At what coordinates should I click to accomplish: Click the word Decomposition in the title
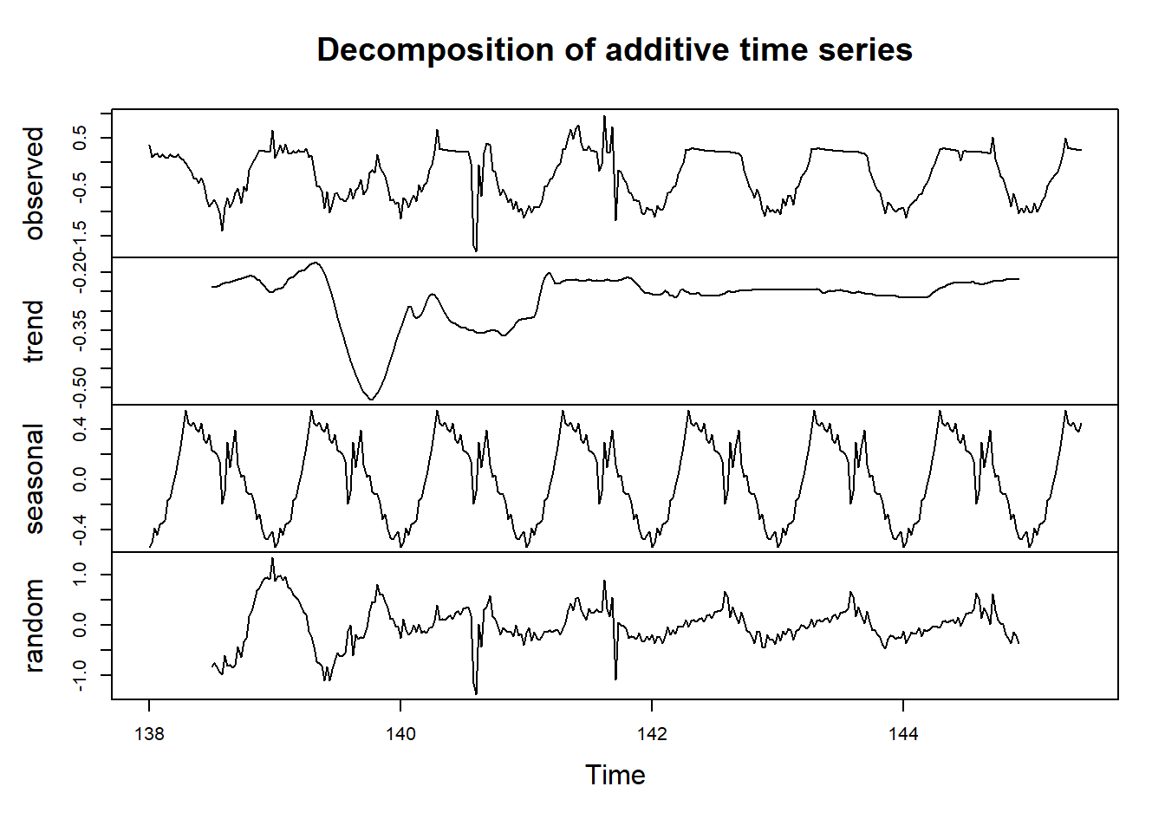[436, 50]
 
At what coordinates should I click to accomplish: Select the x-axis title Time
[615, 775]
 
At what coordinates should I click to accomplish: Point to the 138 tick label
[149, 735]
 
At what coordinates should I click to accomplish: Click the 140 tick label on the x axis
[400, 735]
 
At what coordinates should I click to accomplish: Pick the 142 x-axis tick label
[652, 735]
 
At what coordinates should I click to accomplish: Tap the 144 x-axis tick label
[903, 735]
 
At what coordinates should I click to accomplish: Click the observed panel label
[34, 183]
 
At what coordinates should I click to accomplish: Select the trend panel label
[34, 331]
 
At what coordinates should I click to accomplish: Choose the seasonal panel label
[34, 478]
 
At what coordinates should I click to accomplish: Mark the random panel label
[34, 626]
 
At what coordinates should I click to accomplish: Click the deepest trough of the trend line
[371, 399]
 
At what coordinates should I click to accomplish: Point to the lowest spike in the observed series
[475, 250]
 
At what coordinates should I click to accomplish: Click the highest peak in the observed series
[604, 117]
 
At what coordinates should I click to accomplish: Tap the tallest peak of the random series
[272, 559]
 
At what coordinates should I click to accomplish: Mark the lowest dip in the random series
[476, 693]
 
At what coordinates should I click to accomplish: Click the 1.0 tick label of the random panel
[80, 574]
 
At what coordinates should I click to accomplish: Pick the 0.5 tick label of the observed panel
[80, 138]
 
